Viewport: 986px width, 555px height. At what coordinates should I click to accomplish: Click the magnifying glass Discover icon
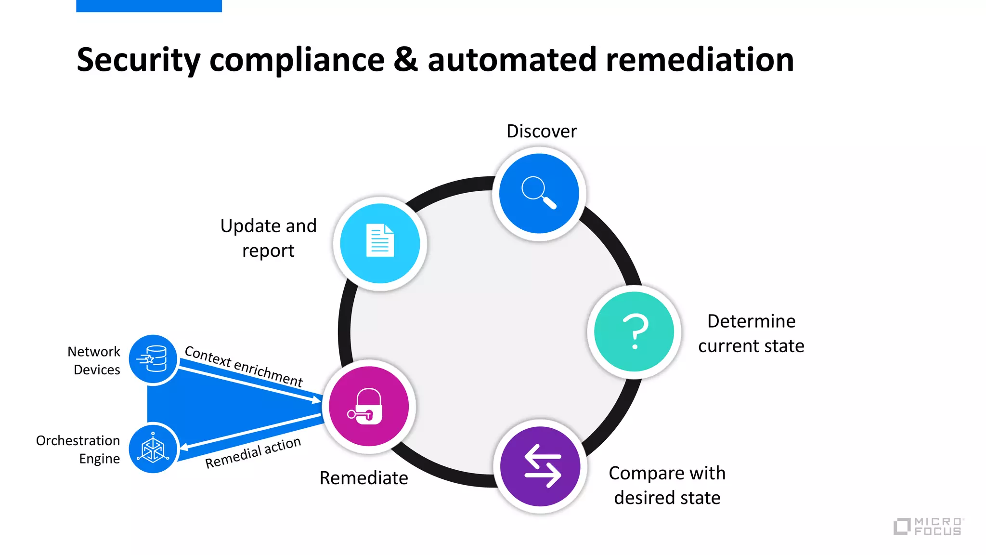pos(539,193)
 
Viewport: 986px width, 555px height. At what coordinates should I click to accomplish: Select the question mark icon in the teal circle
pos(634,331)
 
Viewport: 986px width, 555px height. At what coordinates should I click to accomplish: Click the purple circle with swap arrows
pos(540,466)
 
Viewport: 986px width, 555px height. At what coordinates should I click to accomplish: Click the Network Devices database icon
pos(153,359)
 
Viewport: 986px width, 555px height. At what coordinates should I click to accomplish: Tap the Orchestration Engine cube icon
pos(153,449)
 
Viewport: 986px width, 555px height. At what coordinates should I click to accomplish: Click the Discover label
pos(542,131)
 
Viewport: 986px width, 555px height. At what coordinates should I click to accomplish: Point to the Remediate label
pos(363,478)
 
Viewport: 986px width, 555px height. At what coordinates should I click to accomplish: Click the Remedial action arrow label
pos(253,452)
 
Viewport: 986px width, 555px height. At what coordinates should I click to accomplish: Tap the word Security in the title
pos(138,60)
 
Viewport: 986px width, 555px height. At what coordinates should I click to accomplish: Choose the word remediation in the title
pos(700,60)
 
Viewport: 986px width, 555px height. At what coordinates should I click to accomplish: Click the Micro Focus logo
pos(928,526)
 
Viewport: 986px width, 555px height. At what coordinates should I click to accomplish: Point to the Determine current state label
pos(751,333)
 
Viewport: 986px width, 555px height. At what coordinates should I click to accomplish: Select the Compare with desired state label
pos(667,485)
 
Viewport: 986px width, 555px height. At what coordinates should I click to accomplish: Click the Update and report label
pos(268,238)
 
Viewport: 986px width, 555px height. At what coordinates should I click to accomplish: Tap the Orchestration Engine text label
pos(78,449)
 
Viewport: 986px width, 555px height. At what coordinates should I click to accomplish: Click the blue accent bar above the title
pos(149,6)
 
